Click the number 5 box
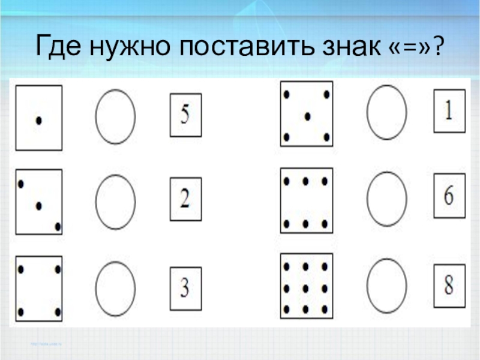[185, 115]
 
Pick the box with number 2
[185, 199]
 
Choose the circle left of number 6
[387, 199]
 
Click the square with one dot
[39, 118]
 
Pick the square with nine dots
[307, 285]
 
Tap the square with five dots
[307, 114]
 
